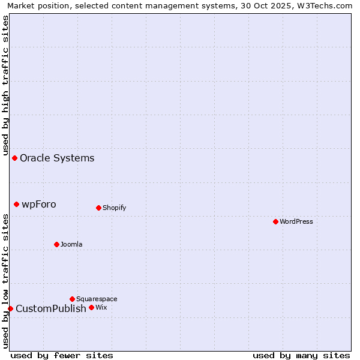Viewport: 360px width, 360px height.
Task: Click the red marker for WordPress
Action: tap(275, 221)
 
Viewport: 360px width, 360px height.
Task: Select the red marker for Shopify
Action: tap(98, 208)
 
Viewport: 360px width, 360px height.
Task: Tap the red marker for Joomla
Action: tap(56, 244)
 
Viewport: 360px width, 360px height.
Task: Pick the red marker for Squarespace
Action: tap(72, 299)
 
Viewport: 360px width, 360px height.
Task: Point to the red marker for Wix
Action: tap(91, 307)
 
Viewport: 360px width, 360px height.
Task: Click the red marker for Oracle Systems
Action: tap(14, 158)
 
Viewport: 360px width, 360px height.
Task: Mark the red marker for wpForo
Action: tap(16, 204)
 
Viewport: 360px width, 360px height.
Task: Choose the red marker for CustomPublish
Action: tap(10, 308)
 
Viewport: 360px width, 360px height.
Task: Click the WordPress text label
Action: tap(296, 221)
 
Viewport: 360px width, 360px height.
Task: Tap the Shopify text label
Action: tap(115, 208)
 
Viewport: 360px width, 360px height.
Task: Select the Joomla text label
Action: tap(71, 244)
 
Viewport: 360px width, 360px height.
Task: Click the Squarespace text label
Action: tap(97, 299)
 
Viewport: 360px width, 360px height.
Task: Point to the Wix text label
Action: tap(101, 307)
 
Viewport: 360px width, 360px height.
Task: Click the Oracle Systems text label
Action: tap(57, 158)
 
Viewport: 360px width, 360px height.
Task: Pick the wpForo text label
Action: tap(39, 204)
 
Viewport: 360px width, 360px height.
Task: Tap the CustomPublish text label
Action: tap(51, 308)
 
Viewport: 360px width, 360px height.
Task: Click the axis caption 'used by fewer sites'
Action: tap(61, 355)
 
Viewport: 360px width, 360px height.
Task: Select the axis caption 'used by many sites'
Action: tap(301, 355)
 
